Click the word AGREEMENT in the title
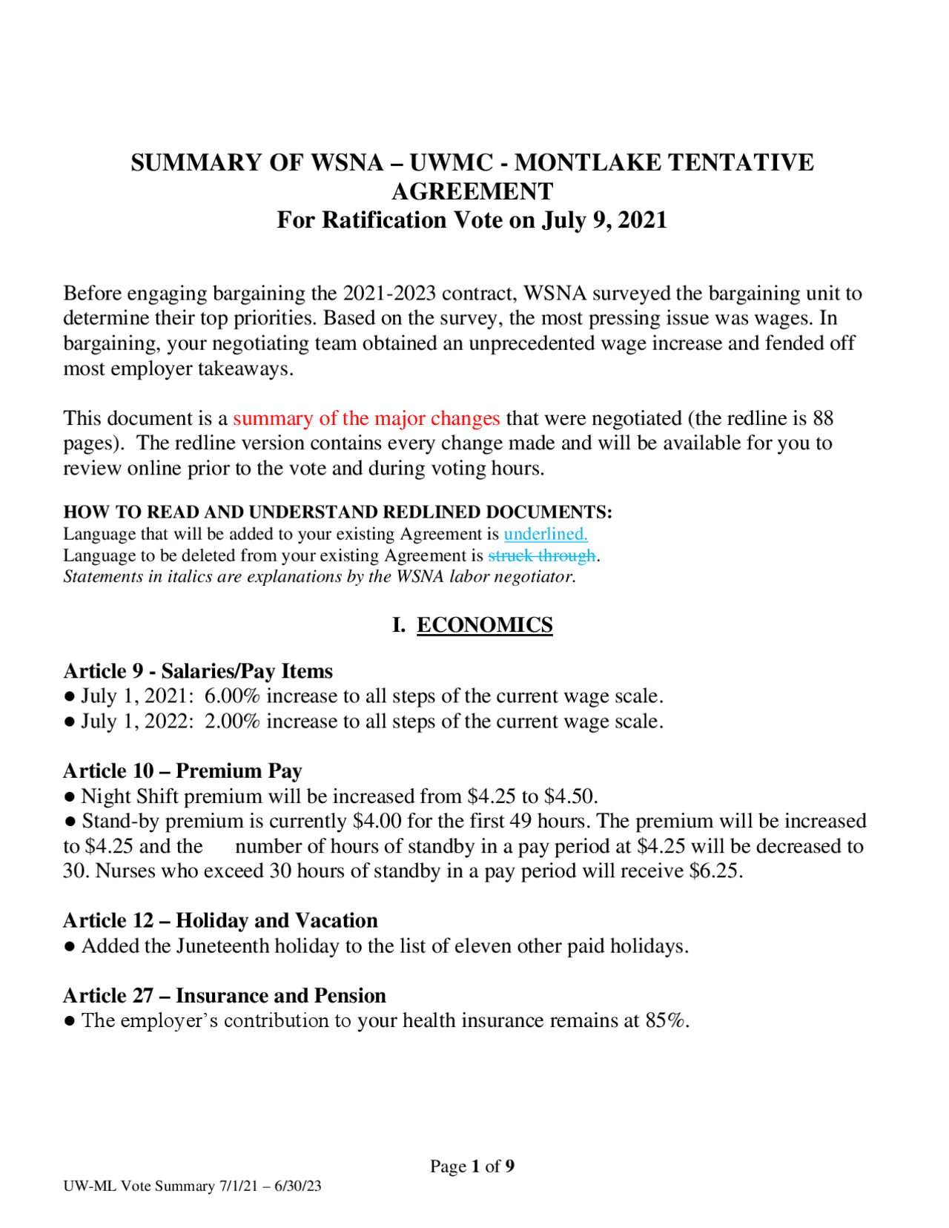[x=472, y=191]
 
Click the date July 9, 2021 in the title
[x=604, y=220]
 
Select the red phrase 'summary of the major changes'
[x=366, y=418]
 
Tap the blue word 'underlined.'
[x=546, y=534]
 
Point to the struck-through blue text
[x=541, y=555]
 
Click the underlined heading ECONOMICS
[x=484, y=625]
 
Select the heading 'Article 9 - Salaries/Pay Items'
[x=198, y=671]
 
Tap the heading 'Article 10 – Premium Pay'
[x=182, y=771]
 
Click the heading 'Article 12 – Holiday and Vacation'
[x=220, y=921]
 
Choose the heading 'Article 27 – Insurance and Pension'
[x=225, y=996]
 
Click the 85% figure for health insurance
[x=665, y=1021]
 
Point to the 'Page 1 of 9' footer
[x=472, y=1166]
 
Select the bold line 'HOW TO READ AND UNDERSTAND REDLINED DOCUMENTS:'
[x=337, y=512]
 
